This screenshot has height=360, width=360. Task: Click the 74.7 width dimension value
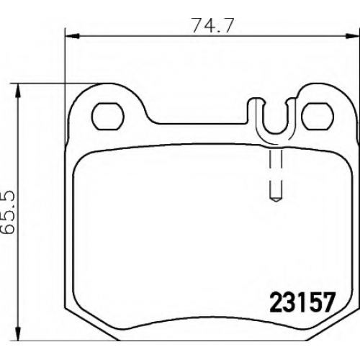(212, 25)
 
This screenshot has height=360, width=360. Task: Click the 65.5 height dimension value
(8, 213)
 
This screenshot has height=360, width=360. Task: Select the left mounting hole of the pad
(108, 117)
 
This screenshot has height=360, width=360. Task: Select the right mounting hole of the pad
(318, 116)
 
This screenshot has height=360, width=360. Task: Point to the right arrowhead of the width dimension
(353, 36)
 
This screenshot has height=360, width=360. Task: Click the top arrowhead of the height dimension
(17, 91)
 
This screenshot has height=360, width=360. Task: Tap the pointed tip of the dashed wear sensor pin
(276, 201)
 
